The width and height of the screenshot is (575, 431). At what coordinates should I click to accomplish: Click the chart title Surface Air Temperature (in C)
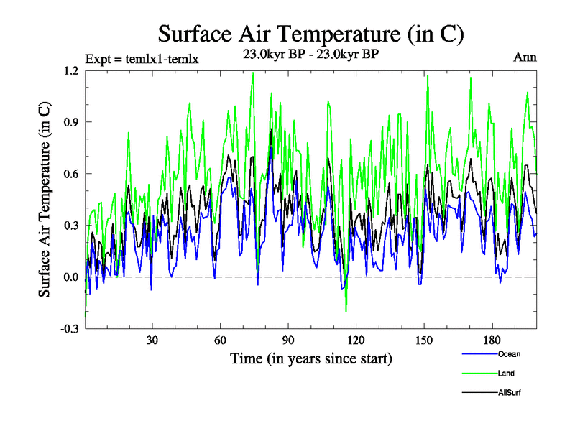click(x=310, y=34)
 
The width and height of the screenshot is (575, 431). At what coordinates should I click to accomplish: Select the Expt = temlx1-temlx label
click(x=142, y=59)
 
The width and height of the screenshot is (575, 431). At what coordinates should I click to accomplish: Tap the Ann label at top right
click(x=525, y=57)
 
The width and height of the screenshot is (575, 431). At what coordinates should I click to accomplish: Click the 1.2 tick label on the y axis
click(x=70, y=70)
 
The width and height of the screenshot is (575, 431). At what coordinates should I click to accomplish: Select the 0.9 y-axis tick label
click(x=70, y=122)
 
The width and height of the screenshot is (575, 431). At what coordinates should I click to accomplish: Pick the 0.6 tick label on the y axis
click(x=70, y=174)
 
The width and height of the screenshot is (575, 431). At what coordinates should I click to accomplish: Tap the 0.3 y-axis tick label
click(x=70, y=226)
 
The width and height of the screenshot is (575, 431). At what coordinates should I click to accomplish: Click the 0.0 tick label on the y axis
click(x=70, y=277)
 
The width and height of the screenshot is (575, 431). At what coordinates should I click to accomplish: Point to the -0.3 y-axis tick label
click(x=69, y=329)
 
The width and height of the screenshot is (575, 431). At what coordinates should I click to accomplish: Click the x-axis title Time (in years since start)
click(x=311, y=357)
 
